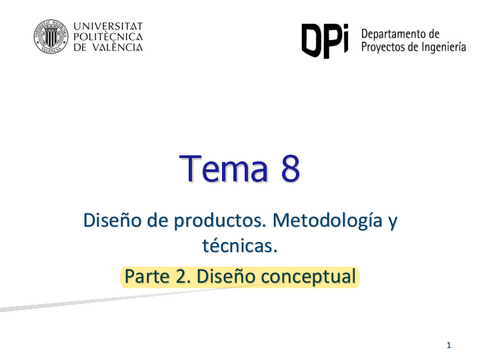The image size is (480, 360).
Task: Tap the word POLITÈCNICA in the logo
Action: [x=109, y=37]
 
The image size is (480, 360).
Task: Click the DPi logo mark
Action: [x=324, y=39]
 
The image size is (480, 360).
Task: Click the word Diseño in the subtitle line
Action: [x=111, y=220]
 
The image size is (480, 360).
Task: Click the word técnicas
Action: [x=239, y=245]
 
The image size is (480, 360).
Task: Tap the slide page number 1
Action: [x=449, y=345]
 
